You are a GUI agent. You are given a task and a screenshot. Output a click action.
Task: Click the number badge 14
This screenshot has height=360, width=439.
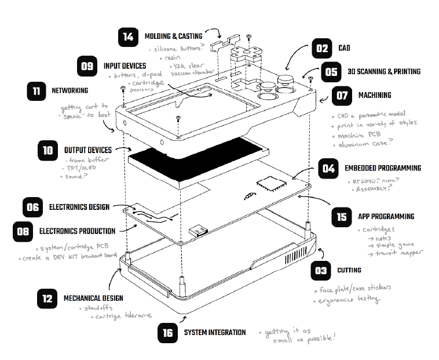[127, 38]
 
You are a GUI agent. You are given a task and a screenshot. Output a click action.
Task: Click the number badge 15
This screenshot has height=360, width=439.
[342, 217]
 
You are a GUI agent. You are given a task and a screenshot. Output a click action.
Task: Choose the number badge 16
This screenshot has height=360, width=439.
[167, 333]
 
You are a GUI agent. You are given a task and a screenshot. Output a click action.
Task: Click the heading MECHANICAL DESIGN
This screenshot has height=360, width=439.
[93, 299]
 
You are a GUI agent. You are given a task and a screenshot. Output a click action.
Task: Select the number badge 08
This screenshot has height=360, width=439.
[23, 231]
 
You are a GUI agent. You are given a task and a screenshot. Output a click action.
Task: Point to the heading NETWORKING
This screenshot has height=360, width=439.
[69, 91]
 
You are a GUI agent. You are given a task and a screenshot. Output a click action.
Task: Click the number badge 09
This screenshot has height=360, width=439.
[87, 66]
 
